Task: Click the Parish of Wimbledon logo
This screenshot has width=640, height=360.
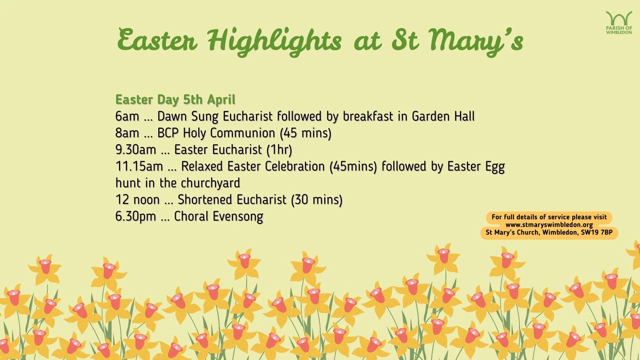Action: (x=619, y=23)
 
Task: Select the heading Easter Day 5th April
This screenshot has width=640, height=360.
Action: (x=175, y=100)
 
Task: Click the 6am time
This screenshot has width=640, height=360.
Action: (x=127, y=116)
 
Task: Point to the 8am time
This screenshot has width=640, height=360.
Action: (x=127, y=133)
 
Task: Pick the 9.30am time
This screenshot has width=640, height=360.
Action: (x=136, y=150)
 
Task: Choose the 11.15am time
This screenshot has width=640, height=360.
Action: (x=139, y=166)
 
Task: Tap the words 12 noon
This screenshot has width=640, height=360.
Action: (x=137, y=200)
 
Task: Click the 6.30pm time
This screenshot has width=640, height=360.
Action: (x=136, y=216)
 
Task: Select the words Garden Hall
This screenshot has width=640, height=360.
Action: (x=443, y=116)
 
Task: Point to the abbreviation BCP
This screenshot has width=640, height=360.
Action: (x=168, y=133)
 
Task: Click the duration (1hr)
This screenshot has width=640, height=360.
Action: (x=279, y=150)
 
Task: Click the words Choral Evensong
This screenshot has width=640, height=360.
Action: (x=219, y=216)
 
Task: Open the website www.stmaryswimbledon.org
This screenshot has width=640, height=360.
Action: (x=549, y=225)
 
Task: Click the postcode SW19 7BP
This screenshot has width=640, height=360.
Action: (x=597, y=232)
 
